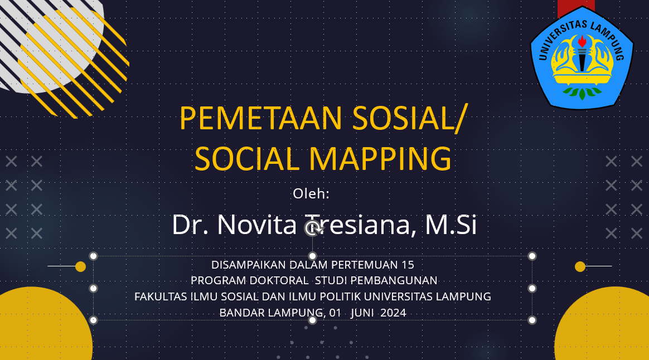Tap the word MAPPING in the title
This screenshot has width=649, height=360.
[380, 159]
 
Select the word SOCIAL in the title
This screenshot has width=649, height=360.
[247, 159]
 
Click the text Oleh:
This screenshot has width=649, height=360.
[311, 194]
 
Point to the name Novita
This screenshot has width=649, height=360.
[257, 225]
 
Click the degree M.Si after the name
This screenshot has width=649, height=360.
[451, 225]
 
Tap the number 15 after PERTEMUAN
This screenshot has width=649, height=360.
[408, 265]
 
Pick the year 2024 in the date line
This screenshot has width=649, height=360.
[393, 313]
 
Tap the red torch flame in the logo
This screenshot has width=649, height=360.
[582, 41]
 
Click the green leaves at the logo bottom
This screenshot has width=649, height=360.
[582, 93]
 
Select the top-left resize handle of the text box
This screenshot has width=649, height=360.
[94, 256]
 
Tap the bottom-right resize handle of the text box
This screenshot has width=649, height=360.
[532, 320]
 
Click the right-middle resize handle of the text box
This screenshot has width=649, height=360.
[532, 289]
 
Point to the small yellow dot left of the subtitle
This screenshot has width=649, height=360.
[81, 267]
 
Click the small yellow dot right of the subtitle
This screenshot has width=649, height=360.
[580, 267]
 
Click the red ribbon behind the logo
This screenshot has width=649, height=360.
[576, 7]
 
